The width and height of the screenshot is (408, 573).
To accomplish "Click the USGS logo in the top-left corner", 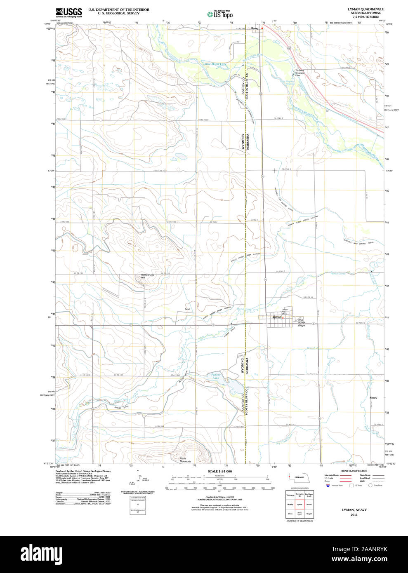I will coord(69,12).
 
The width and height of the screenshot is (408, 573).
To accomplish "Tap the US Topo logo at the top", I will coord(220,14).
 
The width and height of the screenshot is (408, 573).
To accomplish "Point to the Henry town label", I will coord(254,28).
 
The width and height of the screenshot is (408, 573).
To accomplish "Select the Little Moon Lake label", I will coord(215,64).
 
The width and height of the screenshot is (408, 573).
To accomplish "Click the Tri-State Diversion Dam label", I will coord(300,73).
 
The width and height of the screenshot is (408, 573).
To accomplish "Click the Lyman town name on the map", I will coord(277,317).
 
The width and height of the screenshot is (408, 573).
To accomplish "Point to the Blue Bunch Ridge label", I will coord(301,323).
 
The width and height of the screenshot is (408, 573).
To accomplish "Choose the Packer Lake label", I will coord(216,376).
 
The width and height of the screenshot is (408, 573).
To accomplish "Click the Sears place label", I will coord(373,398).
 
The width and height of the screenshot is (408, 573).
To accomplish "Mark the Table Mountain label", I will coord(185,460).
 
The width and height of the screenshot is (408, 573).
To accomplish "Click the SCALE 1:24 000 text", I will coord(220,471).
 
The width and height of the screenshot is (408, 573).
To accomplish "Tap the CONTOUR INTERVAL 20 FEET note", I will coord(220,498).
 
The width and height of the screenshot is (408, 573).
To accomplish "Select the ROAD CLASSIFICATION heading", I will coord(354,471).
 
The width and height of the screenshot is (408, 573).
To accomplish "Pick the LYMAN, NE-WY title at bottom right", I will coord(354,510).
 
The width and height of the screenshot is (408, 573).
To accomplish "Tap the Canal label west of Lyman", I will coord(187,309).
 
